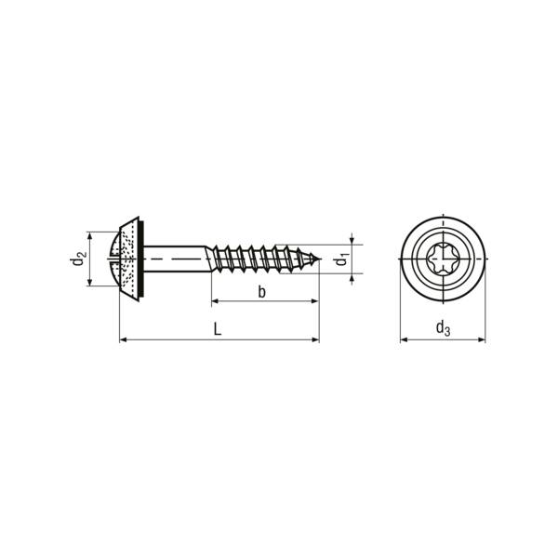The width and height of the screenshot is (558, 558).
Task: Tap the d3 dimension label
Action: click(443, 326)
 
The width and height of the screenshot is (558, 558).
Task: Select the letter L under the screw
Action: click(217, 328)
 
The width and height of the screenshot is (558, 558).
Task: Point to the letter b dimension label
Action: click(263, 292)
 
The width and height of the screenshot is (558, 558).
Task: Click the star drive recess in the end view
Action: click(443, 259)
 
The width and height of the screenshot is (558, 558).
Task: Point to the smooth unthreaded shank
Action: click(177, 259)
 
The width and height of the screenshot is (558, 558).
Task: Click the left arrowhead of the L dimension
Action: click(124, 340)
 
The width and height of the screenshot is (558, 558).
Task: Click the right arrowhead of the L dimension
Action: click(315, 340)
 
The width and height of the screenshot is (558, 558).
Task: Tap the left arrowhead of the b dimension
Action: click(215, 302)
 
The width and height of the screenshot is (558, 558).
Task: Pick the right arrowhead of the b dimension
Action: click(315, 302)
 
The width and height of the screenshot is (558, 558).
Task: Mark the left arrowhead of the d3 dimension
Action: click(404, 340)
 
